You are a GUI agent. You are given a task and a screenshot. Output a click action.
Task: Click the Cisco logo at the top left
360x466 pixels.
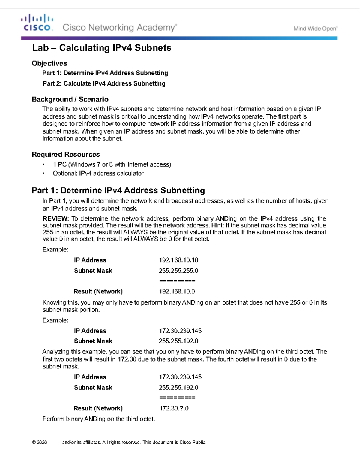click(x=37, y=23)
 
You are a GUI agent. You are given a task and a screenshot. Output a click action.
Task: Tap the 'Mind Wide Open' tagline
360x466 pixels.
click(x=315, y=29)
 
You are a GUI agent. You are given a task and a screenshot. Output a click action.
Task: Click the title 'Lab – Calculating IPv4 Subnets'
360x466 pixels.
click(x=102, y=48)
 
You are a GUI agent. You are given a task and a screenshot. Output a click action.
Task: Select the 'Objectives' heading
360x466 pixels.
click(x=49, y=63)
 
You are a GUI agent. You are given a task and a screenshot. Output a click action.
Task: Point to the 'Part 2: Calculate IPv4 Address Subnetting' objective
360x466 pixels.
click(x=104, y=83)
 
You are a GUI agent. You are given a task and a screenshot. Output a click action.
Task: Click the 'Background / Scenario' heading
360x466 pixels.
click(x=70, y=99)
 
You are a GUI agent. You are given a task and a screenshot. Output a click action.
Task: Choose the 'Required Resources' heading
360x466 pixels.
click(x=66, y=154)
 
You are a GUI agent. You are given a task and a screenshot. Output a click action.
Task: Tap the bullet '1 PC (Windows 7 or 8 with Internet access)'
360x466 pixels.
click(x=112, y=164)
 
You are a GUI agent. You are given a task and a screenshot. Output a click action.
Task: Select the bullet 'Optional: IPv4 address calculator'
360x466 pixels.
click(x=98, y=173)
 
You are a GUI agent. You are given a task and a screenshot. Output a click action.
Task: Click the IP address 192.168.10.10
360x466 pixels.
click(x=178, y=260)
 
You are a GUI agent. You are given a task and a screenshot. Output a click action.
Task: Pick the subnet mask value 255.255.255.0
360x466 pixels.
click(x=178, y=271)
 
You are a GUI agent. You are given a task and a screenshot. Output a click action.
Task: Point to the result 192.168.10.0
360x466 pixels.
click(x=177, y=291)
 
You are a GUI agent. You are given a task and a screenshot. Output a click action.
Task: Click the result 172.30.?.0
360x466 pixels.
click(x=174, y=408)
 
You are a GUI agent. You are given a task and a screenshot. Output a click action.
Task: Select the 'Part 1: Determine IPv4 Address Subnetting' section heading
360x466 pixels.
click(x=118, y=191)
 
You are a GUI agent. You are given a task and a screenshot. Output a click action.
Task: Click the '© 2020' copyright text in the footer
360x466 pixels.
click(x=40, y=442)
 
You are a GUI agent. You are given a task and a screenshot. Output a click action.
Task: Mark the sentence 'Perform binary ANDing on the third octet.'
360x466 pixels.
click(x=98, y=419)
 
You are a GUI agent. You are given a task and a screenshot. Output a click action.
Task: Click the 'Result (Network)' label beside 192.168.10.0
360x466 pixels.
click(x=98, y=291)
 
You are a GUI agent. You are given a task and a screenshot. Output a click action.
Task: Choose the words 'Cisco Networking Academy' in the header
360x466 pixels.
click(x=119, y=28)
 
